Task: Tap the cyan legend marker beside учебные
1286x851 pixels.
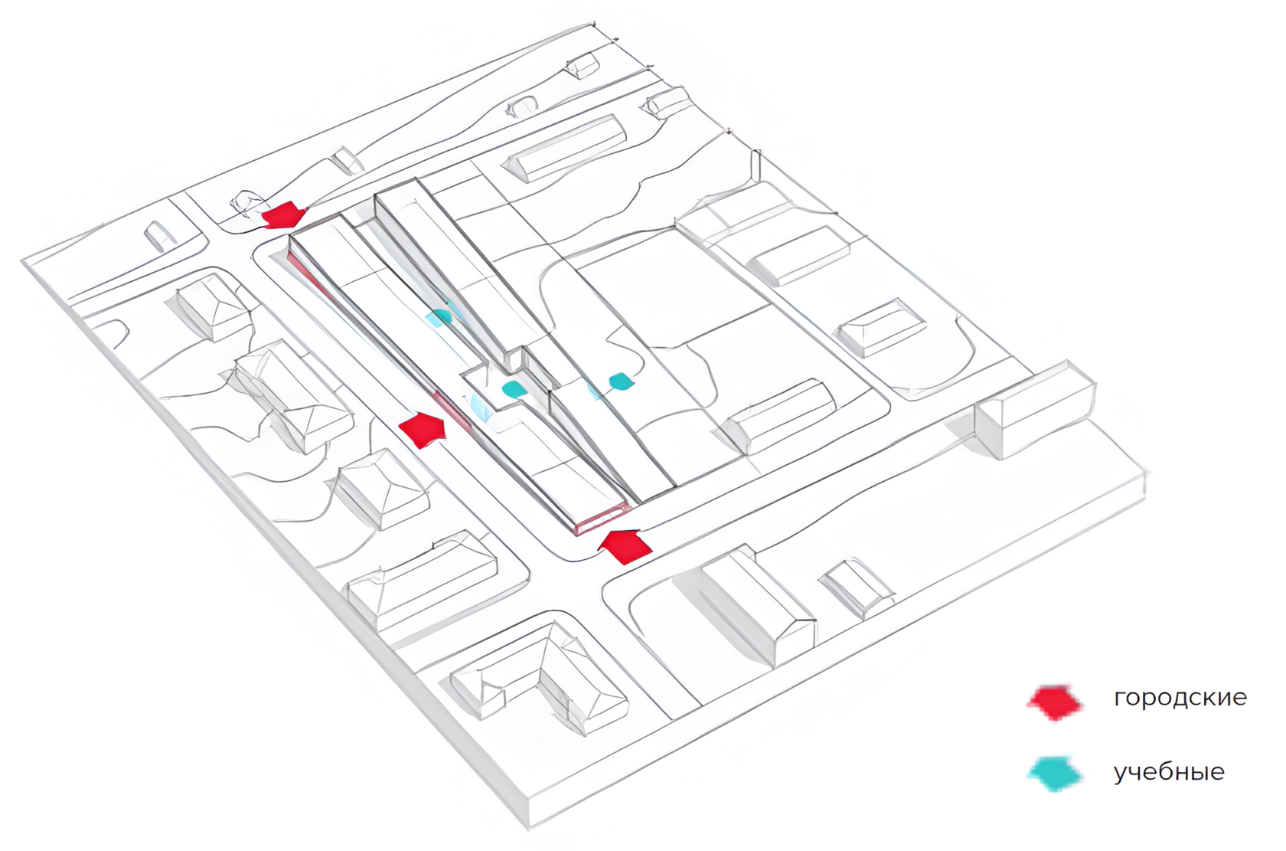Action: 1056,774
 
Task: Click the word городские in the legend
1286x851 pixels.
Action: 1180,698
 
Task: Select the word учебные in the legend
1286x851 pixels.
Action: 1168,772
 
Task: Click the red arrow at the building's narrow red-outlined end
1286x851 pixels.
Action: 625,545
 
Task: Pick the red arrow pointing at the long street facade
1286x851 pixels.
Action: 423,430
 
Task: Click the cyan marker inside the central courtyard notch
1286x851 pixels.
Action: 514,388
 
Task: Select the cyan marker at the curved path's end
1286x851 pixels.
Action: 620,381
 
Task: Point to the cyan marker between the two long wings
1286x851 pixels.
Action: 439,316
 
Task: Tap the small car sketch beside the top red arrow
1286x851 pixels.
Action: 248,201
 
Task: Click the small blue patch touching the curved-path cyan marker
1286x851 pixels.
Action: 594,390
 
